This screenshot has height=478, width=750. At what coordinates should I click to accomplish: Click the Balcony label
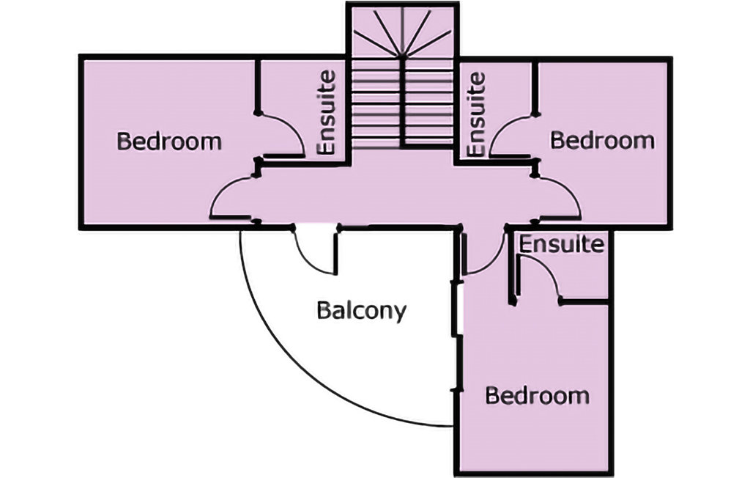point(361,311)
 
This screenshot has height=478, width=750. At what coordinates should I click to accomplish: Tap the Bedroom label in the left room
point(169,141)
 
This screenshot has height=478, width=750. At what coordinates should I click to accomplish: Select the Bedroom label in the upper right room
point(602,139)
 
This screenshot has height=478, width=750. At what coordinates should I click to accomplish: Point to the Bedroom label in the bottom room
point(538,396)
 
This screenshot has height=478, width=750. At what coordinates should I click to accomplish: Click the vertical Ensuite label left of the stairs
point(327,111)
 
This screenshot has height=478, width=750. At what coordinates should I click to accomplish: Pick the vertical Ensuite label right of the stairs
point(476,113)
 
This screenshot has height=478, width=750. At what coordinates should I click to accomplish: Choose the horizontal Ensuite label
point(562,243)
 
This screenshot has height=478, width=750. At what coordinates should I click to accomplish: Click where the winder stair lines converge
point(402,56)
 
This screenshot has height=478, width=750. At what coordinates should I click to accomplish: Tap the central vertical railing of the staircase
point(402,103)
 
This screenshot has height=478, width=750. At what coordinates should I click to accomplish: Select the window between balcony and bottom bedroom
point(457,308)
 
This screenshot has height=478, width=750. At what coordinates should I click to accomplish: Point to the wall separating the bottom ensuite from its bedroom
point(584,301)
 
